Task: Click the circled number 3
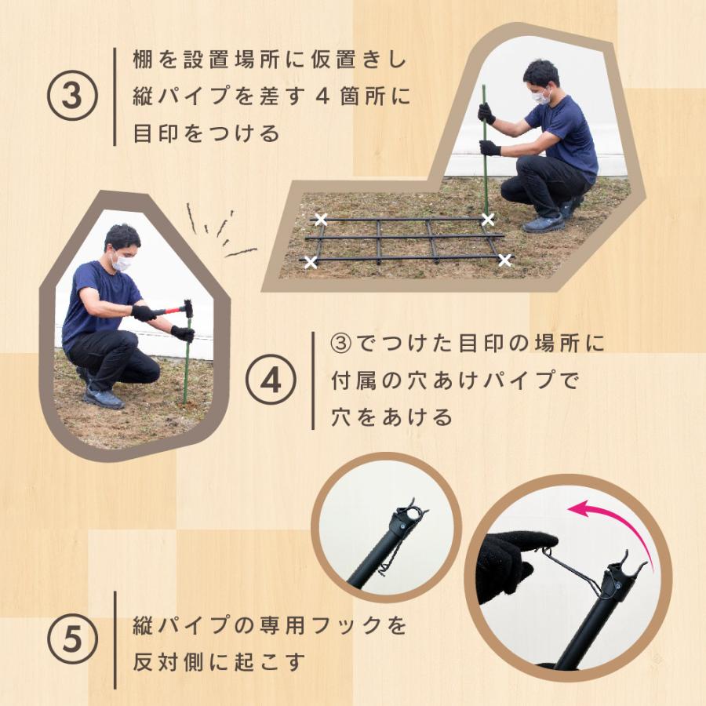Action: [71, 97]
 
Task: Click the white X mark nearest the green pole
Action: [488, 219]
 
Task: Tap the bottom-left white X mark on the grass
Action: [311, 262]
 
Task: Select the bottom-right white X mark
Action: [505, 260]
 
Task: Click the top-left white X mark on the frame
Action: [320, 219]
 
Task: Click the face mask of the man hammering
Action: [120, 263]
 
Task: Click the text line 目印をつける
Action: [207, 133]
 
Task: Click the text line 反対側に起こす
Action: [219, 662]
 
